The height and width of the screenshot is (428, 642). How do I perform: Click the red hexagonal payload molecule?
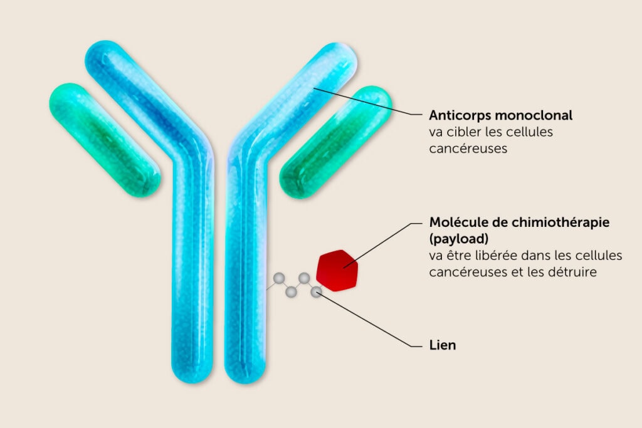coord(339,270)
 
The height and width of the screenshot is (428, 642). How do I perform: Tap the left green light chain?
coord(105,140)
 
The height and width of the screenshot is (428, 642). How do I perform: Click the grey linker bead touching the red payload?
coord(317,291)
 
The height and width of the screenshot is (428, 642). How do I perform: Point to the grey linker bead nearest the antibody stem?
coord(278,278)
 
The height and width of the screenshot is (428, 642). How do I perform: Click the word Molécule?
coord(458,222)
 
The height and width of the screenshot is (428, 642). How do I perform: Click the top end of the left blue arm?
coord(101,56)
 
